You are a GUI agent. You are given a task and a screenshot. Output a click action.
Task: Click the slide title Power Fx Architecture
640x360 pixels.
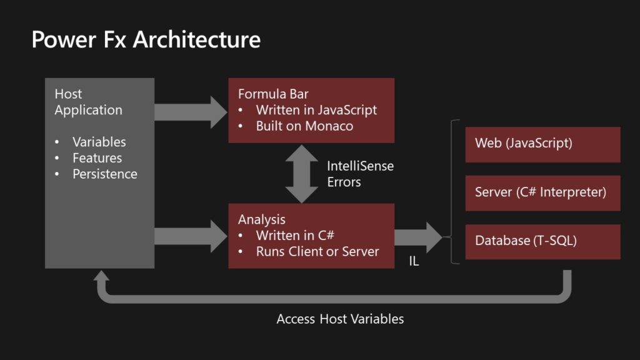coord(146,40)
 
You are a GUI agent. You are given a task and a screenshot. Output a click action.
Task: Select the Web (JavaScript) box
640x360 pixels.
coord(542,144)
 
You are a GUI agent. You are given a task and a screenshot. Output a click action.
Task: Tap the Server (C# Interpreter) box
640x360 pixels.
coord(542,192)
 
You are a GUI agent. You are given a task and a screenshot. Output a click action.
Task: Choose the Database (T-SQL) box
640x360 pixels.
coord(542,241)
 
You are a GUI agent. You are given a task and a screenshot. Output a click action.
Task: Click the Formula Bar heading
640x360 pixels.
coord(273,94)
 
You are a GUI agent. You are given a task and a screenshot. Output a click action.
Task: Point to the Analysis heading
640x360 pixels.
coord(261,219)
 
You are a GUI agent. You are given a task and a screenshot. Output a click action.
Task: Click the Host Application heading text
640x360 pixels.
coord(87,102)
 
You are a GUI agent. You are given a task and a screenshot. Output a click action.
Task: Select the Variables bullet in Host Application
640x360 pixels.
coord(99,142)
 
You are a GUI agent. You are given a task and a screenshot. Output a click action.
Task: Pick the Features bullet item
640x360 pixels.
coord(97,158)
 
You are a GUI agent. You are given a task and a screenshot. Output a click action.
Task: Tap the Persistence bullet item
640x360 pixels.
coord(104,174)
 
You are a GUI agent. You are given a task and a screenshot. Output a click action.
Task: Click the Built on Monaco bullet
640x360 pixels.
coord(304,126)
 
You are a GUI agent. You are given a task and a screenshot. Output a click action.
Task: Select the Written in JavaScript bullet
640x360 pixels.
coord(316,110)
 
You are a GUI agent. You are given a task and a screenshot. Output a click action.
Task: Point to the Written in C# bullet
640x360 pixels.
coord(295,236)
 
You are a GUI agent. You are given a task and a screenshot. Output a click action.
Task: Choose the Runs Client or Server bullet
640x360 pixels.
coord(317,251)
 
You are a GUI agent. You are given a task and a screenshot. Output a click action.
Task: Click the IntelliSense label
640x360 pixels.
coord(360,166)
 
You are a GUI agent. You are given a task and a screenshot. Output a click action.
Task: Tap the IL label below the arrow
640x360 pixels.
coord(414,262)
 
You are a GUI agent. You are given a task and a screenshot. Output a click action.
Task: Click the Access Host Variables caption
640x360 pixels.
coord(340,319)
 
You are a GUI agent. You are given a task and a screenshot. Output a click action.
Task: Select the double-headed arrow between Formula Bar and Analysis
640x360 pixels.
coord(301,173)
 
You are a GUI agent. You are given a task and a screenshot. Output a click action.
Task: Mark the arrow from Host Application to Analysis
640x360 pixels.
coord(191,236)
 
